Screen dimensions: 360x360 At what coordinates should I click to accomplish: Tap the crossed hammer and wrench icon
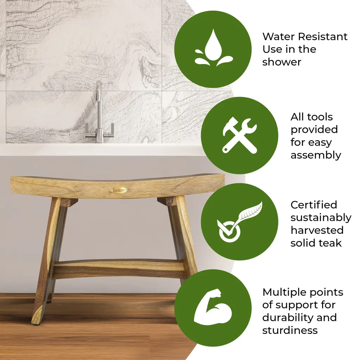[x=239, y=135]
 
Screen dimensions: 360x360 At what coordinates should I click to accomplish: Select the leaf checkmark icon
[x=239, y=221]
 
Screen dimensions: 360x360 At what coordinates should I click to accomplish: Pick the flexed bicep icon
[x=213, y=307]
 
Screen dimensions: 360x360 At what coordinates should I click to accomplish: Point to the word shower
[x=282, y=62]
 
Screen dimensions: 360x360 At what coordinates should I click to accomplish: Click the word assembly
[x=316, y=155]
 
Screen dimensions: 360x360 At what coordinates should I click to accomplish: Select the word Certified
[x=314, y=205]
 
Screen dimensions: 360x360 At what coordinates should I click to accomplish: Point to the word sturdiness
[x=290, y=330]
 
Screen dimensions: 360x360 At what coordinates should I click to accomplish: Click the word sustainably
[x=321, y=218]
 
